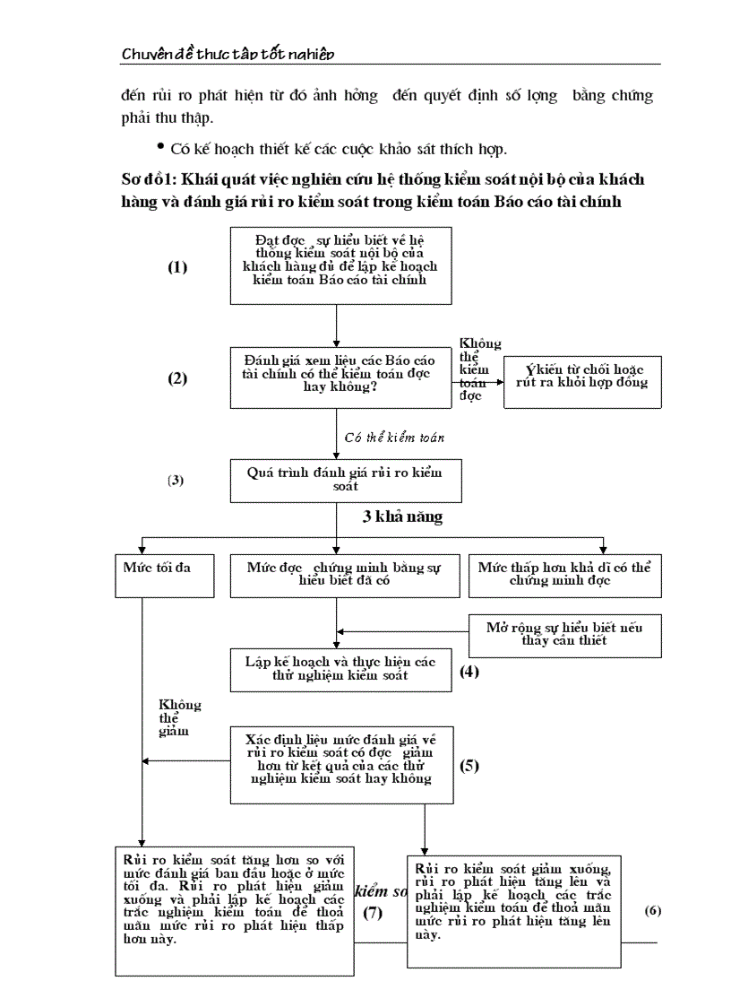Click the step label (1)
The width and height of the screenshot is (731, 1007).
click(177, 267)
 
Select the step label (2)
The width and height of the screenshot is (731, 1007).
click(177, 378)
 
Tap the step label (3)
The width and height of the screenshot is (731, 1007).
click(176, 480)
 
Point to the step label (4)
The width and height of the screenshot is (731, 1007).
click(469, 670)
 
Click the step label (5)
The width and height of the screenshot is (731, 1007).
click(469, 766)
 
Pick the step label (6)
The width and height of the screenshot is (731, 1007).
click(652, 910)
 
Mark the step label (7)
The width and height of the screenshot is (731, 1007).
click(373, 913)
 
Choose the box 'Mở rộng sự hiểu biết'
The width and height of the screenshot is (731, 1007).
click(564, 634)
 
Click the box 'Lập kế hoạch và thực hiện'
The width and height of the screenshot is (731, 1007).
click(340, 669)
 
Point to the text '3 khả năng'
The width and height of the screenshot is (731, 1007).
click(402, 517)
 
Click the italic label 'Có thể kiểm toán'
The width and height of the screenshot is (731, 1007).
click(394, 438)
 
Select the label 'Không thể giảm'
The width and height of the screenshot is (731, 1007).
click(179, 717)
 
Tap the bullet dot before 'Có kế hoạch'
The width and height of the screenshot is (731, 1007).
click(160, 145)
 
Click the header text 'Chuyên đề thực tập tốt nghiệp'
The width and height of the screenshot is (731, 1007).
click(228, 55)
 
